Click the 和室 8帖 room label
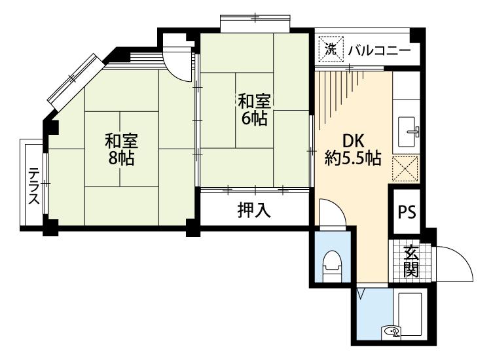(121, 149)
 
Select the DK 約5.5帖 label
(353, 150)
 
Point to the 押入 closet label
(254, 209)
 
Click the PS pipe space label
(407, 212)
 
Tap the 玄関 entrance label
(411, 262)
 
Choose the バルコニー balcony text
(379, 50)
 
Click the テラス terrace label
(34, 186)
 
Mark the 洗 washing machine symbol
(331, 50)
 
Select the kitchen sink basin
(407, 132)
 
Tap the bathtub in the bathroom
(410, 315)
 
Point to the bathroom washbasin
(391, 332)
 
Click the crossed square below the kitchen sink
(405, 168)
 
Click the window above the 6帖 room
(255, 23)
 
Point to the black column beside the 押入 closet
(194, 228)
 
